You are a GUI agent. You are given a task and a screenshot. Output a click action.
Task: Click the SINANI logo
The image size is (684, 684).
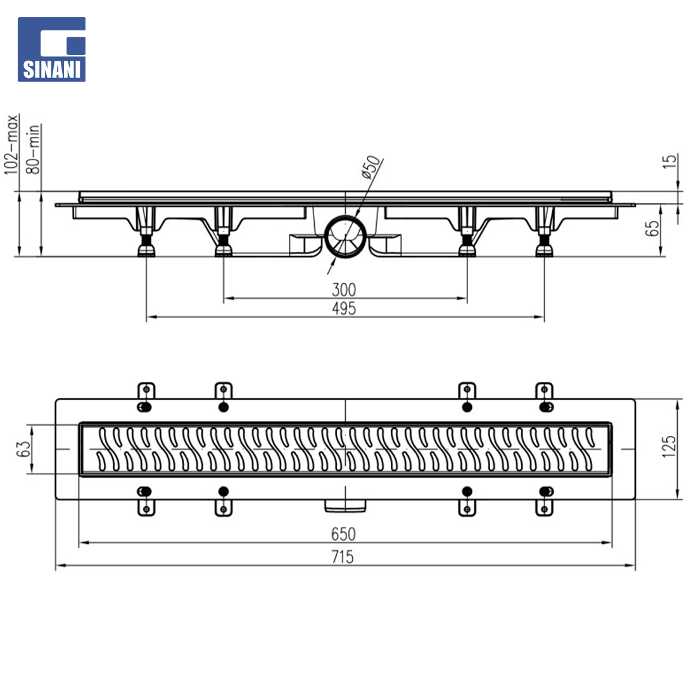coord(51,49)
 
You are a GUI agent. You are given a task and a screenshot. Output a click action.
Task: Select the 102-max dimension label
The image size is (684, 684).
coord(12,145)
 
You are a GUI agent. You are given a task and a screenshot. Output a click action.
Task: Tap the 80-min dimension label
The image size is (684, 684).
coord(33,149)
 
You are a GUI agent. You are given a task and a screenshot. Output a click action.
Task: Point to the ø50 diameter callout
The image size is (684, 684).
coord(371,167)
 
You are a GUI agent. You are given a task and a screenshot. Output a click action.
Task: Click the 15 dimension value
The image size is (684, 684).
coord(669,161)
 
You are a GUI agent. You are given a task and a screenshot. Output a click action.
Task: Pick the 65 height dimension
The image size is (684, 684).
coord(652,229)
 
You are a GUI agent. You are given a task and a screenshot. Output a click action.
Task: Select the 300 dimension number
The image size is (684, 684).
coord(344,289)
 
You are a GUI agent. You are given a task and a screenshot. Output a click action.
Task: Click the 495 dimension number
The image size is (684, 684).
coord(344,308)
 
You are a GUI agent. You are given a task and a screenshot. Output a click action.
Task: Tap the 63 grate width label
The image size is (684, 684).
coord(23,449)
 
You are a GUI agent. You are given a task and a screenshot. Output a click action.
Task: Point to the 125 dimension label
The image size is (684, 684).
coord(669,446)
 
